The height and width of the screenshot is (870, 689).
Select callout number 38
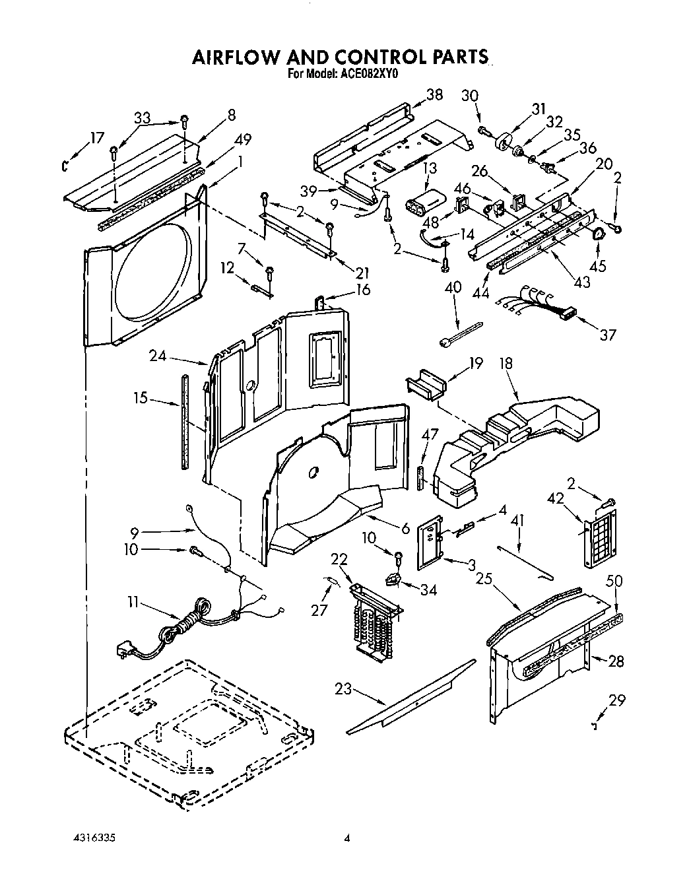click(434, 94)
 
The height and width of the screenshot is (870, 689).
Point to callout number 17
click(97, 138)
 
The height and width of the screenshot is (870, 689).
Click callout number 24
click(156, 356)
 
